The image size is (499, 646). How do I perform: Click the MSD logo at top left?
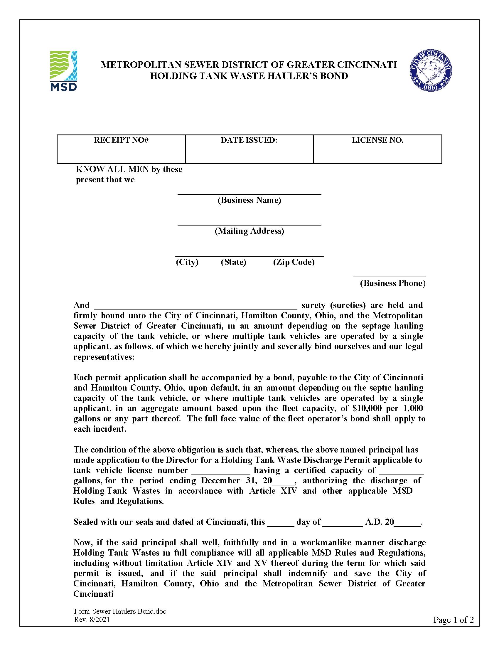coord(64,71)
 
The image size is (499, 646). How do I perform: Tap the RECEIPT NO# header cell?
coord(121,140)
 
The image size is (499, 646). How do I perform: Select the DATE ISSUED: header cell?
coord(249,140)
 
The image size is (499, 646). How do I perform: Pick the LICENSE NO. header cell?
coord(377,140)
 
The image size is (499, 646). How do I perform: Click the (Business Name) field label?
coord(249,200)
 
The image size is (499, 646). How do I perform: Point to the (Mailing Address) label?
coord(249,231)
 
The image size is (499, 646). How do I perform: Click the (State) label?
coord(234,262)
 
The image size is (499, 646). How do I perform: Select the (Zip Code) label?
coord(294,262)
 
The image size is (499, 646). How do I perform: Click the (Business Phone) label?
coord(392,283)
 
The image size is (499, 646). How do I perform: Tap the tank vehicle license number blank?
coord(221,470)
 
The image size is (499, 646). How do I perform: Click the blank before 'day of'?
coord(281,522)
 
